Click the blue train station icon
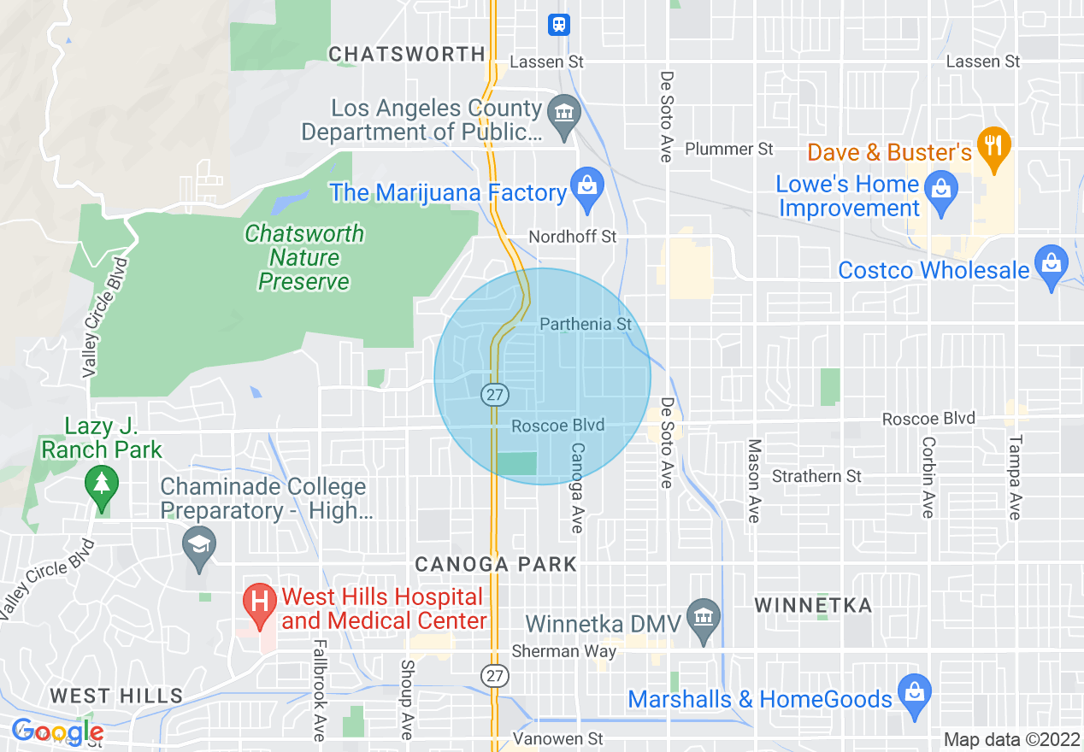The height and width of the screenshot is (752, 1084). (x=558, y=25)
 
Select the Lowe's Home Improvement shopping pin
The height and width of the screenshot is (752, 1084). (x=940, y=193)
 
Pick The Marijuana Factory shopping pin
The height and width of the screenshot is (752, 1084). (x=587, y=191)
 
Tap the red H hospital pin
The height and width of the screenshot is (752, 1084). (x=258, y=603)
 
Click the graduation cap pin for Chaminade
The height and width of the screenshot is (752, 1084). (x=199, y=548)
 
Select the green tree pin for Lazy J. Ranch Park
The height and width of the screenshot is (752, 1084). (x=102, y=486)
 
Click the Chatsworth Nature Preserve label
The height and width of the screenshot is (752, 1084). (x=303, y=257)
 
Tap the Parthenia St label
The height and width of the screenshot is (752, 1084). (x=586, y=324)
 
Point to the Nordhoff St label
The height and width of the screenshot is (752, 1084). (x=572, y=236)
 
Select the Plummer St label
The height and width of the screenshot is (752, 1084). (x=728, y=149)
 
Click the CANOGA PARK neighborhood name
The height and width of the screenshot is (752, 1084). (x=496, y=565)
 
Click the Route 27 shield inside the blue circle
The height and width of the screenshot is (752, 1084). (x=495, y=395)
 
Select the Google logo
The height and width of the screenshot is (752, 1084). (x=56, y=732)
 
